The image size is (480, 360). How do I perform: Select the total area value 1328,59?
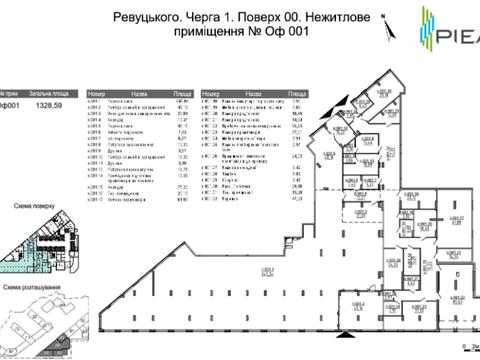tap(48, 104)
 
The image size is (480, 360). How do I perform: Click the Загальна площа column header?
tap(48, 88)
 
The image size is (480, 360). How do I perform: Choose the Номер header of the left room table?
tap(97, 88)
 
